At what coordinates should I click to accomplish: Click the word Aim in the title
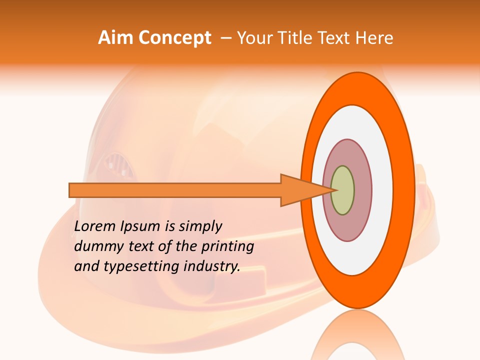coord(116,38)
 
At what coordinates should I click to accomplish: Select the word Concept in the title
coord(174,38)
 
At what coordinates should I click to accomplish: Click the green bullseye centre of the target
coord(343,190)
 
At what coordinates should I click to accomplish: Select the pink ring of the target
coord(362,190)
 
